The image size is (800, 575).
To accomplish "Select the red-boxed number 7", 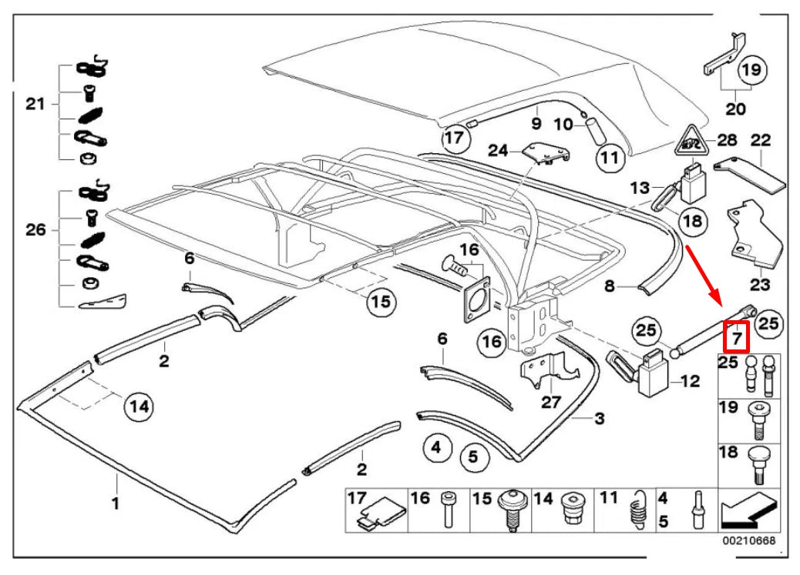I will [x=736, y=337].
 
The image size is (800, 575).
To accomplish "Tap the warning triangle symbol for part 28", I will [x=691, y=142].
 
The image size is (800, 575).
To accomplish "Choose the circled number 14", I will [x=139, y=405].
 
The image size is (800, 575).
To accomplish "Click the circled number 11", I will [x=610, y=159].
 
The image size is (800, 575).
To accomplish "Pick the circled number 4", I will [x=436, y=446].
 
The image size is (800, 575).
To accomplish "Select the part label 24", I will [x=499, y=151].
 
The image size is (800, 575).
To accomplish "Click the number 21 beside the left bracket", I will [x=35, y=104].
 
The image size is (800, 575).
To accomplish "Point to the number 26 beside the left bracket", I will [x=35, y=229].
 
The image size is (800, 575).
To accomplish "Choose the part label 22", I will [x=761, y=140].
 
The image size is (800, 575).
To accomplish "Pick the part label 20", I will [x=735, y=109].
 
